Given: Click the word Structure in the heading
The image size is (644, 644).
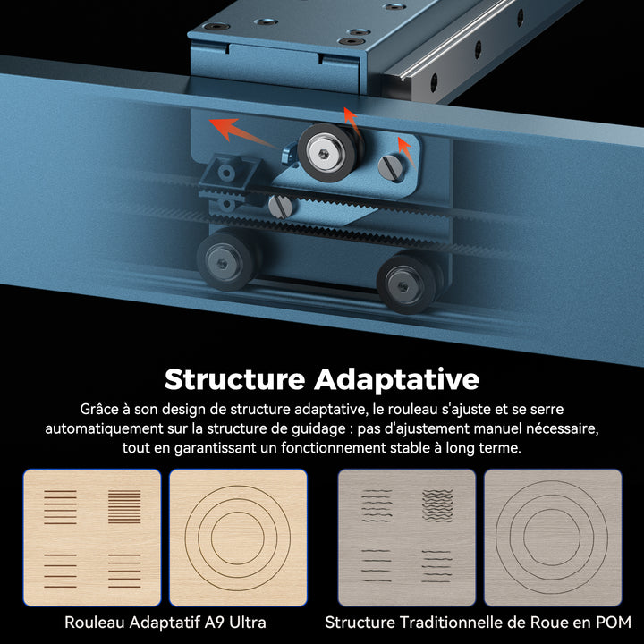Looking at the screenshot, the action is pyautogui.click(x=234, y=379).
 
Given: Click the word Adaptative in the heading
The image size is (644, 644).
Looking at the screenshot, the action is pyautogui.click(x=397, y=380).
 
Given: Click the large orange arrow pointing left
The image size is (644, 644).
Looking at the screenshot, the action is pyautogui.click(x=242, y=131).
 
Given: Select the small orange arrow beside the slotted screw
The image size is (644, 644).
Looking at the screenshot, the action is pyautogui.click(x=406, y=151).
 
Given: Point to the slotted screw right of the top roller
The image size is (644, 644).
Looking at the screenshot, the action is pyautogui.click(x=390, y=167).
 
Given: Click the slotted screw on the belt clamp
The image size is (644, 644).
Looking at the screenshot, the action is pyautogui.click(x=281, y=207).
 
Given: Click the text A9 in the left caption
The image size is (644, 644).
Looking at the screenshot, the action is pyautogui.click(x=214, y=623).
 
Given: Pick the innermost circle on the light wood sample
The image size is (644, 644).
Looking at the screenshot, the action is pyautogui.click(x=238, y=512).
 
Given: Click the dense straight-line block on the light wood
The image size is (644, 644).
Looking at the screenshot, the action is pyautogui.click(x=124, y=507).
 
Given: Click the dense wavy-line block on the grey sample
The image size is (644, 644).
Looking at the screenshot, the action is pyautogui.click(x=437, y=505).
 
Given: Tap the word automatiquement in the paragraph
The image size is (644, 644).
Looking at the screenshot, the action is pyautogui.click(x=104, y=428).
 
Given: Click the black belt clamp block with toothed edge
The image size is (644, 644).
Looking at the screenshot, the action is pyautogui.click(x=228, y=177).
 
